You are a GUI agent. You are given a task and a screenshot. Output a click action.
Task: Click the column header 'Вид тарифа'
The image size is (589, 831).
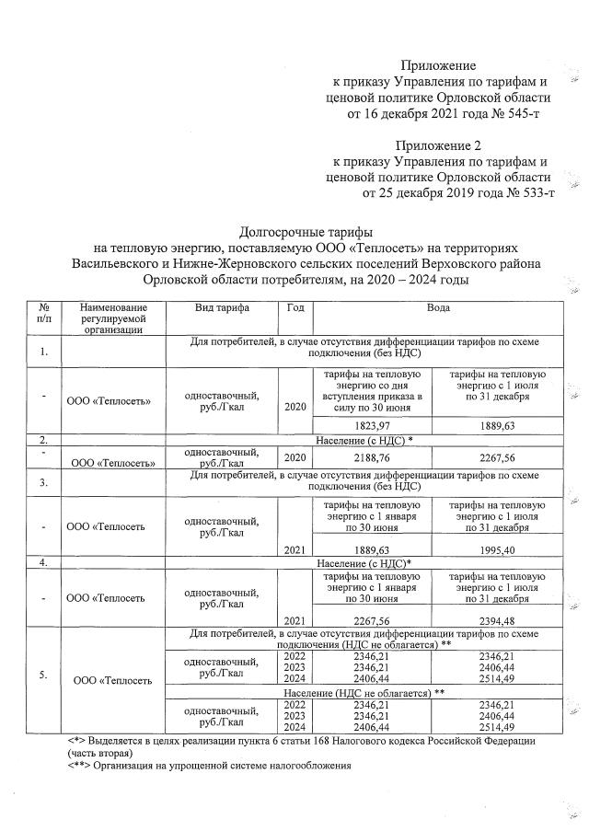[x=221, y=307]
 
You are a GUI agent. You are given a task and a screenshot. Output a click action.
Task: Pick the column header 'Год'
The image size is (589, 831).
[x=294, y=307]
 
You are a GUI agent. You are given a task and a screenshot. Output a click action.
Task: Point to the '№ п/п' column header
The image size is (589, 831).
[x=43, y=313]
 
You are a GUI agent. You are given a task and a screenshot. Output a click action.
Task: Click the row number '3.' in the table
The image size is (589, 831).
[x=43, y=480]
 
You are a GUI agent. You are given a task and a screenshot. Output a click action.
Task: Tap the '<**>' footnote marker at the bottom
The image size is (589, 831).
[x=81, y=764]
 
